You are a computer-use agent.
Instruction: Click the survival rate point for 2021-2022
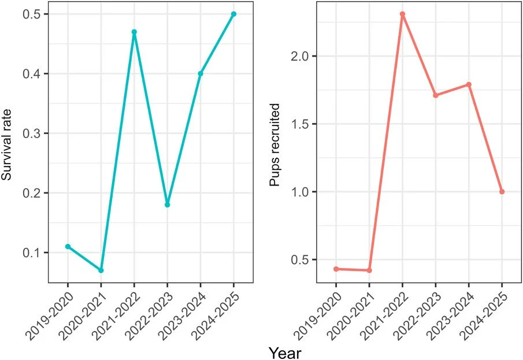pyautogui.click(x=134, y=32)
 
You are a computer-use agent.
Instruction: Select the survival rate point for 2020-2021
pyautogui.click(x=101, y=270)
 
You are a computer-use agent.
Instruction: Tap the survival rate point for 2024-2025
pyautogui.click(x=234, y=14)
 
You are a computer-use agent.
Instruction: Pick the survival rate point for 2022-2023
pyautogui.click(x=167, y=205)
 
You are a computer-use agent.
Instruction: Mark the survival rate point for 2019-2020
pyautogui.click(x=68, y=246)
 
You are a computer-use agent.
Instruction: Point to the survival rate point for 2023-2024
pyautogui.click(x=201, y=73)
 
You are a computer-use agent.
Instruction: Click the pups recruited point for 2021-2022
pyautogui.click(x=402, y=14)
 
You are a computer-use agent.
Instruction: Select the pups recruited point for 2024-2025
pyautogui.click(x=502, y=192)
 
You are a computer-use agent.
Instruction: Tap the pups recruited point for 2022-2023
pyautogui.click(x=435, y=95)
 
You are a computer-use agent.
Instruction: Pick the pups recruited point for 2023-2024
pyautogui.click(x=469, y=84)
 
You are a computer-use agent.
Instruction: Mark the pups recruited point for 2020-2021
pyautogui.click(x=369, y=270)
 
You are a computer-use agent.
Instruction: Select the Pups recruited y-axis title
pyautogui.click(x=276, y=145)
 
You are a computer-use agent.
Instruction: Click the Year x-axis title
pyautogui.click(x=284, y=350)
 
